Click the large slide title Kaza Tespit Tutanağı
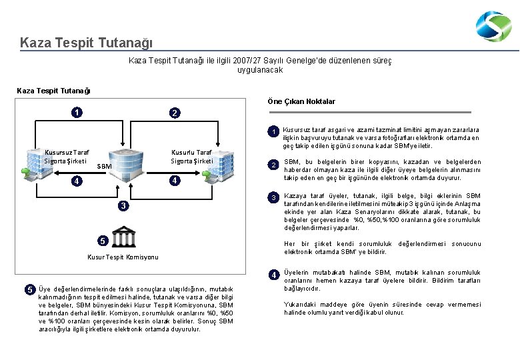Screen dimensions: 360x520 click(86, 43)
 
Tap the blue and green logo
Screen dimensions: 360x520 click(493, 27)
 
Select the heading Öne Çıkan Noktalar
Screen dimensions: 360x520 click(301, 101)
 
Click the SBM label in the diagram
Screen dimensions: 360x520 click(104, 165)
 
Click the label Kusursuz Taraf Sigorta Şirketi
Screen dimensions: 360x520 click(65, 157)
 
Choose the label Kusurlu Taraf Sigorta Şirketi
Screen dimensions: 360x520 click(191, 157)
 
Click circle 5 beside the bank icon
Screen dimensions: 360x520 click(101, 240)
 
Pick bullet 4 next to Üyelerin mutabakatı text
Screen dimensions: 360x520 click(273, 275)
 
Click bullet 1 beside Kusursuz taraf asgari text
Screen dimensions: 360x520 click(273, 132)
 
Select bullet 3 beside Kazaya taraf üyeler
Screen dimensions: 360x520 click(273, 198)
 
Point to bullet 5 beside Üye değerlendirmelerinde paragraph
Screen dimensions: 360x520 click(29, 289)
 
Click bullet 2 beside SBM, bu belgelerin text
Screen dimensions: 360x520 click(273, 165)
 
